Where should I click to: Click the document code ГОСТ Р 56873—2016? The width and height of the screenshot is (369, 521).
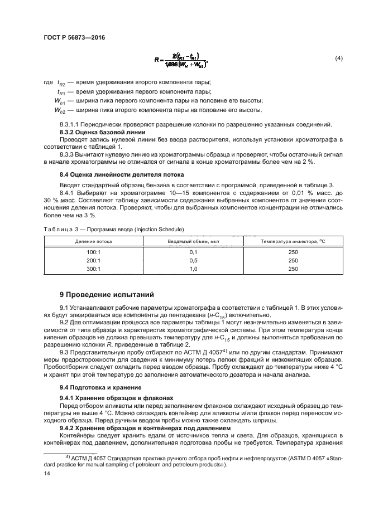click(x=74, y=37)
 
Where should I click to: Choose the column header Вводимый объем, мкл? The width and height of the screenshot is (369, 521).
click(x=191, y=241)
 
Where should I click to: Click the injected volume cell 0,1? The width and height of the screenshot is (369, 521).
click(x=194, y=252)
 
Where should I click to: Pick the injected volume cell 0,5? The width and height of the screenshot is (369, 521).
click(x=194, y=260)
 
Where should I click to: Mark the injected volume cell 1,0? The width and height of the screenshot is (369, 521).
click(x=194, y=269)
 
